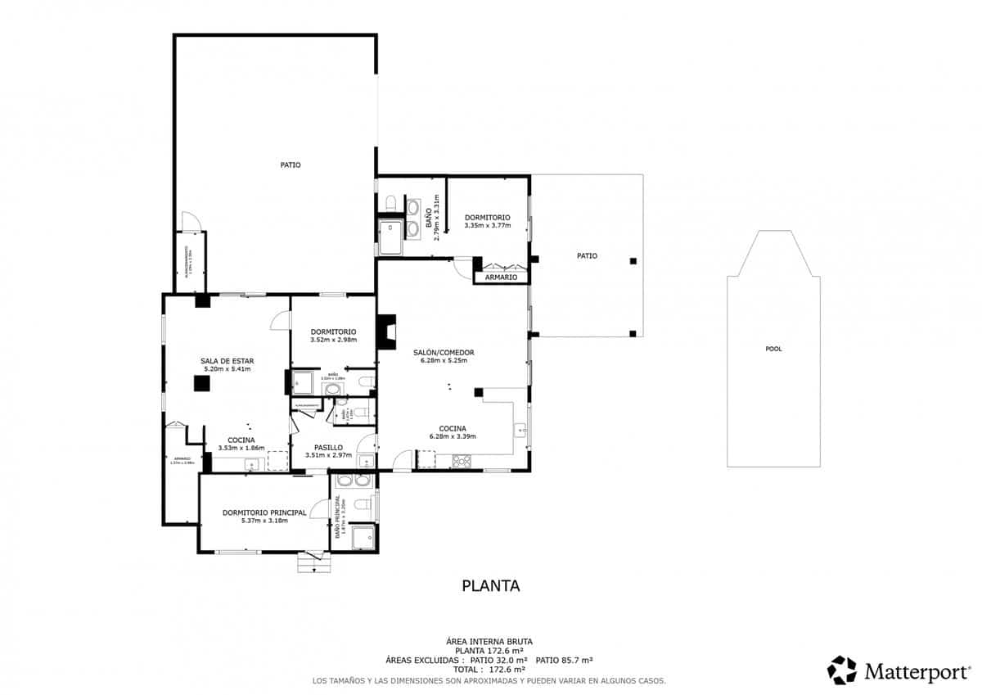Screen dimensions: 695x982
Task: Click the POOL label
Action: tap(773, 349)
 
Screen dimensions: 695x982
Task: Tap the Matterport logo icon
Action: tap(841, 670)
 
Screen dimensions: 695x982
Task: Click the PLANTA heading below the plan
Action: tap(491, 585)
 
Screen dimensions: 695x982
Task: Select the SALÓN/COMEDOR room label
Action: tap(447, 353)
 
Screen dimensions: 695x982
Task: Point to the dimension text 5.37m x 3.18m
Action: tap(264, 521)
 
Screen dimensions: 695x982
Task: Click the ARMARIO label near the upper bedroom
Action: tap(501, 278)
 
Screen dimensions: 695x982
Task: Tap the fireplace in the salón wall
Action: tap(386, 331)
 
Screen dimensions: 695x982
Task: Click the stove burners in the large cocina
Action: tap(462, 461)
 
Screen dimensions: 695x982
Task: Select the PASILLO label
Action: tap(328, 448)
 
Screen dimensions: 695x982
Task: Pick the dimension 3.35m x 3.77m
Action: tap(487, 226)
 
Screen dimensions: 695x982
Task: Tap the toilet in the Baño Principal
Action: tap(345, 481)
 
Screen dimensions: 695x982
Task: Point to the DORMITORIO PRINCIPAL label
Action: tap(264, 512)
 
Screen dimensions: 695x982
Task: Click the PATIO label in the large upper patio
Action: tap(291, 165)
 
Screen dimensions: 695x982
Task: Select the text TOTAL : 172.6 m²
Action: tap(489, 670)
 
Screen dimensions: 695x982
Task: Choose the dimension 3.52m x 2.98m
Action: tap(332, 340)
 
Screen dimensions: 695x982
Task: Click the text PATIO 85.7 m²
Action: tap(564, 660)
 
